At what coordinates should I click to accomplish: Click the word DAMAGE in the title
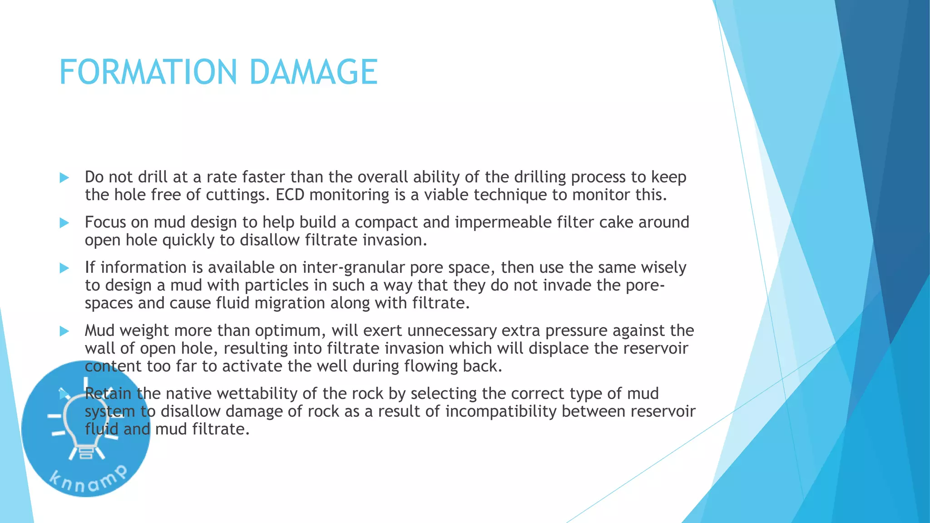point(313,72)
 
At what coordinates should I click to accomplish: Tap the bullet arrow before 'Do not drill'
point(64,178)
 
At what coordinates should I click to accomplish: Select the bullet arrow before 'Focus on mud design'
point(64,223)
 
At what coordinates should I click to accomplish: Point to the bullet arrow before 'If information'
point(64,268)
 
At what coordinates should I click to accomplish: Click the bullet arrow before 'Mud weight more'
point(64,331)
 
